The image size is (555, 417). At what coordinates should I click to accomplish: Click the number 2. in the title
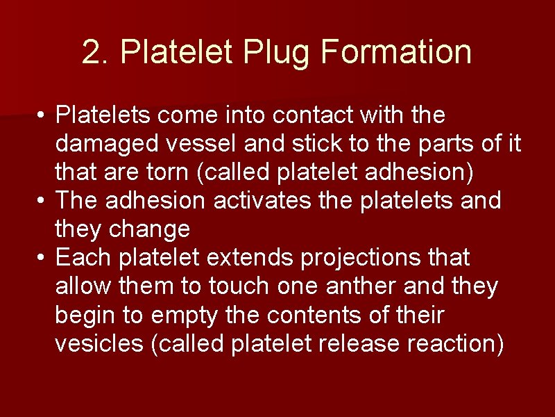click(93, 52)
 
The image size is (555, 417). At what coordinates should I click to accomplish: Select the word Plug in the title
click(268, 52)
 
